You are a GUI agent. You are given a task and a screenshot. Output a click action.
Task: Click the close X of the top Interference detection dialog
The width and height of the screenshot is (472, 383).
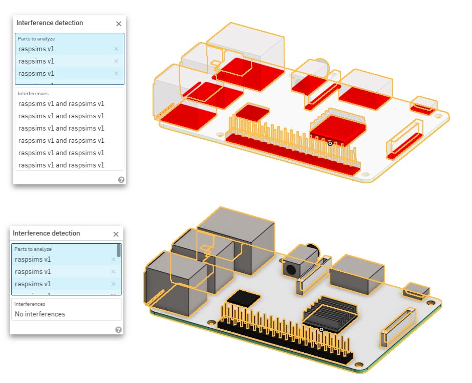tap(119, 24)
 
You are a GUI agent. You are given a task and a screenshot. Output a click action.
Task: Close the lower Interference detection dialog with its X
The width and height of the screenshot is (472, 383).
tap(116, 234)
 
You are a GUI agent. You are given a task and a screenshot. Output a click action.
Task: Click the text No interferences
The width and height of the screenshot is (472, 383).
tap(40, 314)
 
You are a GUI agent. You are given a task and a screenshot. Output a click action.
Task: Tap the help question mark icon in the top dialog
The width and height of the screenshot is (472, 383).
tap(121, 180)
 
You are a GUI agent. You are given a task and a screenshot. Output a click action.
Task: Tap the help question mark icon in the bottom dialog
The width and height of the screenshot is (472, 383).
tap(118, 330)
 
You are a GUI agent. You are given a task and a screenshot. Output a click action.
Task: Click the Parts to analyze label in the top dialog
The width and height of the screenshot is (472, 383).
tap(36, 39)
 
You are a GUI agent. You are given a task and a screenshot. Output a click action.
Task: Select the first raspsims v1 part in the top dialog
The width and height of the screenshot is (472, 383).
tap(36, 49)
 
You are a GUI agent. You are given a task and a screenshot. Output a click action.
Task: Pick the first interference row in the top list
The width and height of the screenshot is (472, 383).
tap(61, 103)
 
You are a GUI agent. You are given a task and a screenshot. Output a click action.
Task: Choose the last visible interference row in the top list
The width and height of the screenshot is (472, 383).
tap(61, 165)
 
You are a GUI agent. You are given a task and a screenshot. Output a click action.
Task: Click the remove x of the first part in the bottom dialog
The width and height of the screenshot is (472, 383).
tap(113, 260)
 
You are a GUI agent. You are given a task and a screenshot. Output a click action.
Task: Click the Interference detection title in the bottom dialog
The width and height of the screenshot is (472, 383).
tap(46, 233)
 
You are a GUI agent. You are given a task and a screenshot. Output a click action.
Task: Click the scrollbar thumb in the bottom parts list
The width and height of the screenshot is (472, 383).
tap(119, 250)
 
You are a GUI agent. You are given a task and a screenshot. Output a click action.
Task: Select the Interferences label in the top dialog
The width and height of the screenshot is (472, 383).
tap(33, 94)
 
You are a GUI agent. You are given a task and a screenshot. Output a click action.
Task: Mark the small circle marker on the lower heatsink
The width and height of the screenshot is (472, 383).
tap(321, 329)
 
